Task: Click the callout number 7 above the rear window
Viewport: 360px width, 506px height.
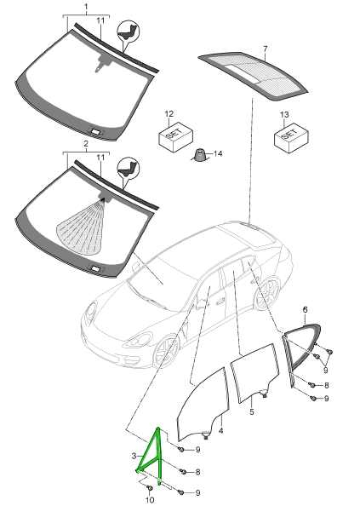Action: tap(265, 49)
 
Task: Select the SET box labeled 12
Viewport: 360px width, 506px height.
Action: tap(175, 136)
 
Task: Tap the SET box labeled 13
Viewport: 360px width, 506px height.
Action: tap(291, 137)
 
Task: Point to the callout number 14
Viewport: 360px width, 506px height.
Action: tap(218, 153)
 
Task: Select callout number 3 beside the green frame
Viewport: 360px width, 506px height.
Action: tap(134, 456)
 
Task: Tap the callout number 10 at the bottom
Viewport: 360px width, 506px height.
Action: tap(150, 500)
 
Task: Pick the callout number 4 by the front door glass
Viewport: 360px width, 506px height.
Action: tap(220, 431)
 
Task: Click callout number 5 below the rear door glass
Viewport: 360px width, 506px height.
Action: tap(252, 411)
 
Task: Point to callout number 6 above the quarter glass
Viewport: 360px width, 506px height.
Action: tap(305, 310)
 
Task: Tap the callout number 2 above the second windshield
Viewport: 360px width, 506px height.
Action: tap(86, 144)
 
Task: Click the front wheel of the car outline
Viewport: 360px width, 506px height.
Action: tap(166, 352)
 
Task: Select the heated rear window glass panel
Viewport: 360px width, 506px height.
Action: tap(253, 75)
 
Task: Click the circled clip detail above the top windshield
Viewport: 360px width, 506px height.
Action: tap(128, 31)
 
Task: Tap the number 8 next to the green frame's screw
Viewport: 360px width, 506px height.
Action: tap(197, 472)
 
